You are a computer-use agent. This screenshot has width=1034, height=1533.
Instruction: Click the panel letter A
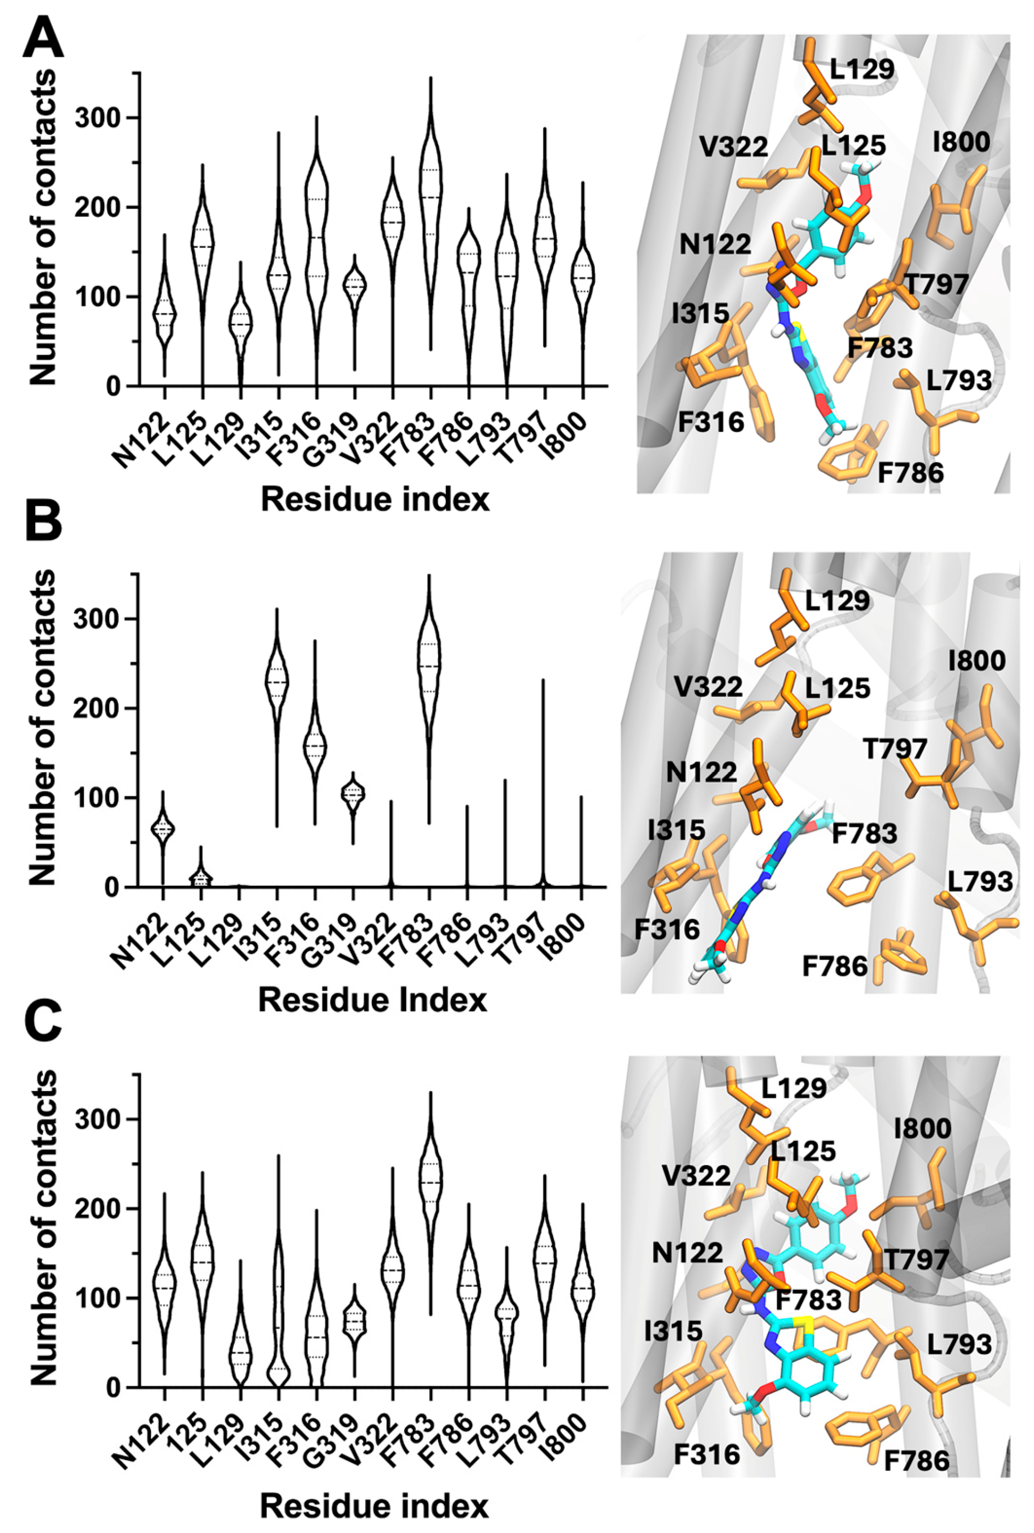43,41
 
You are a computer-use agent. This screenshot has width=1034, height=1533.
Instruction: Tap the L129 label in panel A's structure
861,70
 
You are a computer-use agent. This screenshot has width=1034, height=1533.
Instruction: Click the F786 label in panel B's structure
834,967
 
